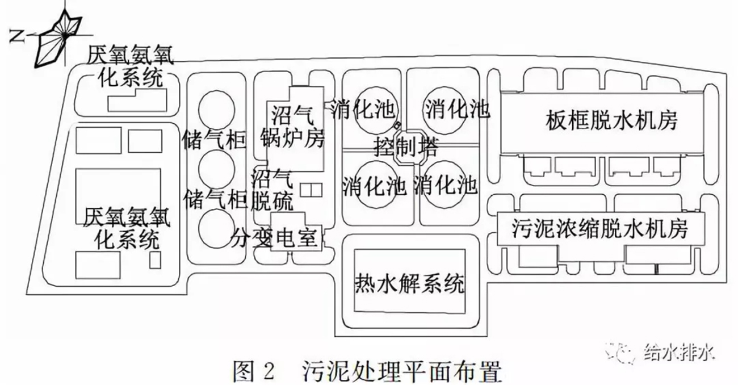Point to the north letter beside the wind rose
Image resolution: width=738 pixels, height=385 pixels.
coord(19,37)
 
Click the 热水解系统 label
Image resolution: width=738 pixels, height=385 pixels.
coord(409,282)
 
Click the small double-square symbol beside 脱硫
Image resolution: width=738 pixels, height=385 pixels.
coord(311,189)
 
